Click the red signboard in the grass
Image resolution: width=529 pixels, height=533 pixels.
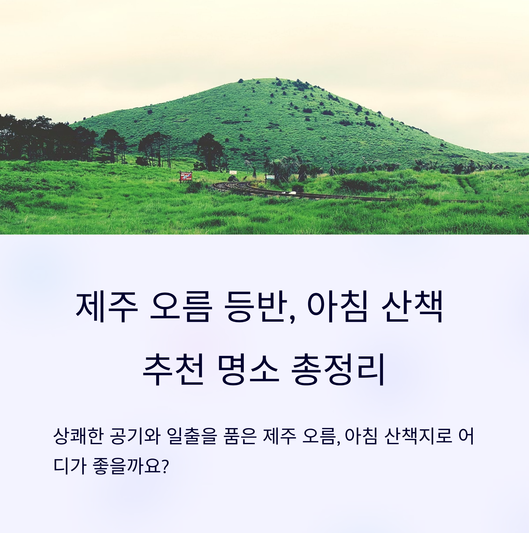click(186, 176)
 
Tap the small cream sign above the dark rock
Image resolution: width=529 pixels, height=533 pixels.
click(233, 172)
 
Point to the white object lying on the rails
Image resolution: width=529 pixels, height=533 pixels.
click(289, 193)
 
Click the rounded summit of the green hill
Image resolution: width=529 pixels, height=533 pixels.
click(269, 80)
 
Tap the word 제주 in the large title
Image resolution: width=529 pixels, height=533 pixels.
click(107, 307)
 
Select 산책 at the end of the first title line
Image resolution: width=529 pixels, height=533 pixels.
click(413, 307)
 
